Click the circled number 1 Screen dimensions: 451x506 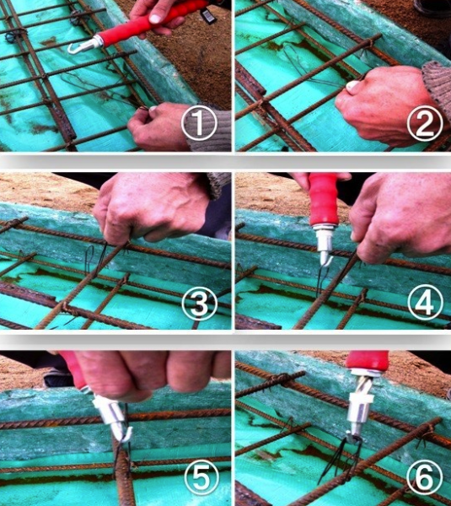(x=199, y=122)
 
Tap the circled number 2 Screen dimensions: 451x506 (x=425, y=123)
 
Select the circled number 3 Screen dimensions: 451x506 (x=199, y=304)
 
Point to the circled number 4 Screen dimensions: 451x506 (x=425, y=303)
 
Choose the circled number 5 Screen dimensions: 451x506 (x=201, y=477)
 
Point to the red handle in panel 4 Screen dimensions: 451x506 (x=323, y=199)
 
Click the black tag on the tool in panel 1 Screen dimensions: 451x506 (x=208, y=15)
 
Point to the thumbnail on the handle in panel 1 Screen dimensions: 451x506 (x=155, y=19)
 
